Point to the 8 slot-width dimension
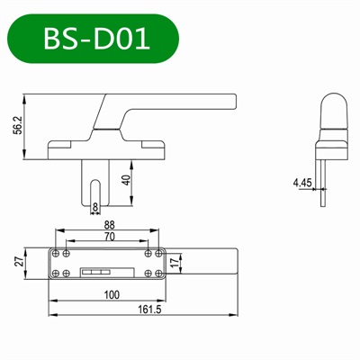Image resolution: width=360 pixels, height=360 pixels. (96, 207)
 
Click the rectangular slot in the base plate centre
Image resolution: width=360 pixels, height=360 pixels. (96, 270)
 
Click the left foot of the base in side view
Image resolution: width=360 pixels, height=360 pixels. (58, 146)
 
